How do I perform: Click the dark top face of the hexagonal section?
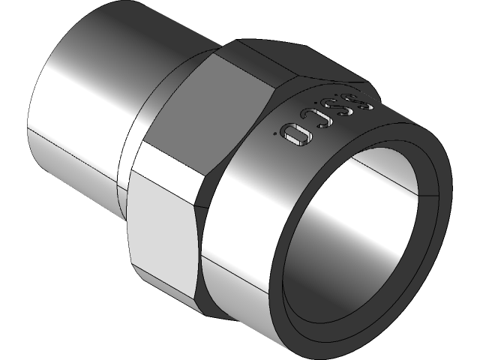tap(255, 56)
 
